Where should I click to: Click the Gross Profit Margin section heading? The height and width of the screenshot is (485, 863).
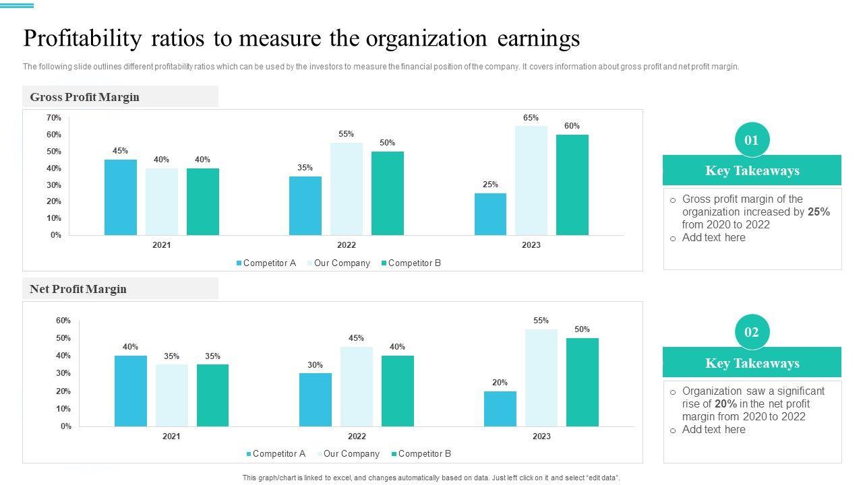85,97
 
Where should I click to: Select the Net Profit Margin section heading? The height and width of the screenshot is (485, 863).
78,289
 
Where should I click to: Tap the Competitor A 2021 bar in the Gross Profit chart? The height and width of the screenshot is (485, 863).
121,197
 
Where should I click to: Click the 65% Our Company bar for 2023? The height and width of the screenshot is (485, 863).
531,181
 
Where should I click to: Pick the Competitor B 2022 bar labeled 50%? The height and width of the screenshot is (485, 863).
388,193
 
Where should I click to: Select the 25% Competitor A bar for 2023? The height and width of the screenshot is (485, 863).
490,214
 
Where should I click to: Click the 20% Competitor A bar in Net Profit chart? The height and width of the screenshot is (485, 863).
500,409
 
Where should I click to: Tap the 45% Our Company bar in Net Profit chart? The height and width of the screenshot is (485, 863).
357,387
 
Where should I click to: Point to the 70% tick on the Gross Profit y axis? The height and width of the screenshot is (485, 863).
54,118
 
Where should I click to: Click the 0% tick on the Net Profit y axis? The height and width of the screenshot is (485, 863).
66,426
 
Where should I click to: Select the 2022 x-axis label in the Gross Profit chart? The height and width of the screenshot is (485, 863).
347,245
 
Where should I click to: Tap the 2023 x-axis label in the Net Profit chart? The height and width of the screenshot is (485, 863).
541,437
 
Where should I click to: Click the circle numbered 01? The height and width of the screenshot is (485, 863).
752,140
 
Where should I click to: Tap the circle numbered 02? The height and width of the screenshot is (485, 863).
752,332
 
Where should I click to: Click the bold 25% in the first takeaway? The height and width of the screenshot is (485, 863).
819,212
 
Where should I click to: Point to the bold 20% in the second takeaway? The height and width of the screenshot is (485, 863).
725,404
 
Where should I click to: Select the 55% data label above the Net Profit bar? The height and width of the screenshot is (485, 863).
541,321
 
